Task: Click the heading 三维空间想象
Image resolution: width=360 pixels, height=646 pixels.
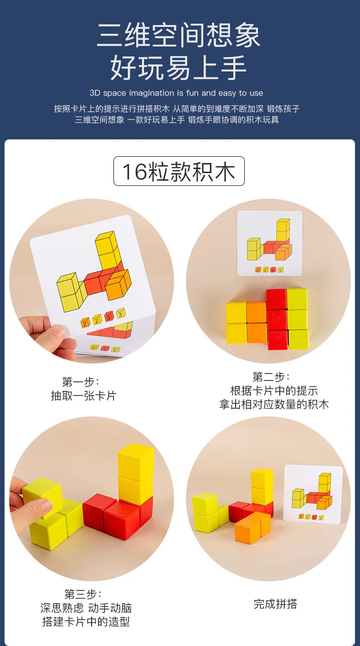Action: coord(179,35)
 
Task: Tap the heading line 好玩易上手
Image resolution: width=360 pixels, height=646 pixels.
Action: coord(179,67)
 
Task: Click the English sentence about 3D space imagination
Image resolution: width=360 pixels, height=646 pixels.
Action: coord(176,93)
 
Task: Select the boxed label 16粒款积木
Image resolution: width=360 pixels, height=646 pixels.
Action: coord(179,171)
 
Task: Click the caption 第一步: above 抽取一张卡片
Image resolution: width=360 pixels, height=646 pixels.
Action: coord(81,382)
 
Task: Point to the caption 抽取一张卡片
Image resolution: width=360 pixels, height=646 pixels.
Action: coord(83,395)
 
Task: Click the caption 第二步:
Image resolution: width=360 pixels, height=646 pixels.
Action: coord(271,377)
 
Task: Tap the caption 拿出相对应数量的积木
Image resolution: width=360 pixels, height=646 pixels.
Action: coord(274,404)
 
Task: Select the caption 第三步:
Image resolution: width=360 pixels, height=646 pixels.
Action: coord(83,594)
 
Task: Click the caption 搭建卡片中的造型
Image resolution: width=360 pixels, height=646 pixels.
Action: coord(86,622)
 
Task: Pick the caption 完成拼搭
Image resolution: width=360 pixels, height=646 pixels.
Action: coord(275,604)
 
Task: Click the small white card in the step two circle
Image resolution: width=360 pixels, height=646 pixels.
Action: coord(269,243)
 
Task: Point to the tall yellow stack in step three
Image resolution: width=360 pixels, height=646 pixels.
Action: coord(135,474)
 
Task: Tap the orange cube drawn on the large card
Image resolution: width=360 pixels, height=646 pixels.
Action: coord(118,285)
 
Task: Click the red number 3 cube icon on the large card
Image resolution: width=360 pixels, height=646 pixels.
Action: coord(108,316)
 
